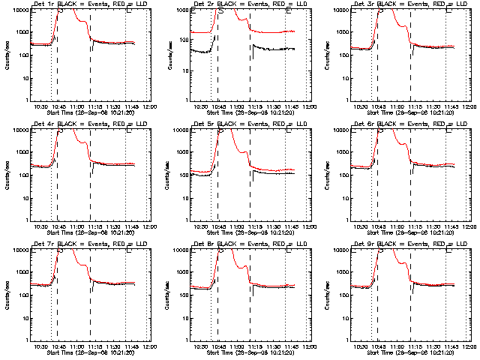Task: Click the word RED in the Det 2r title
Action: pos(281,4)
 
